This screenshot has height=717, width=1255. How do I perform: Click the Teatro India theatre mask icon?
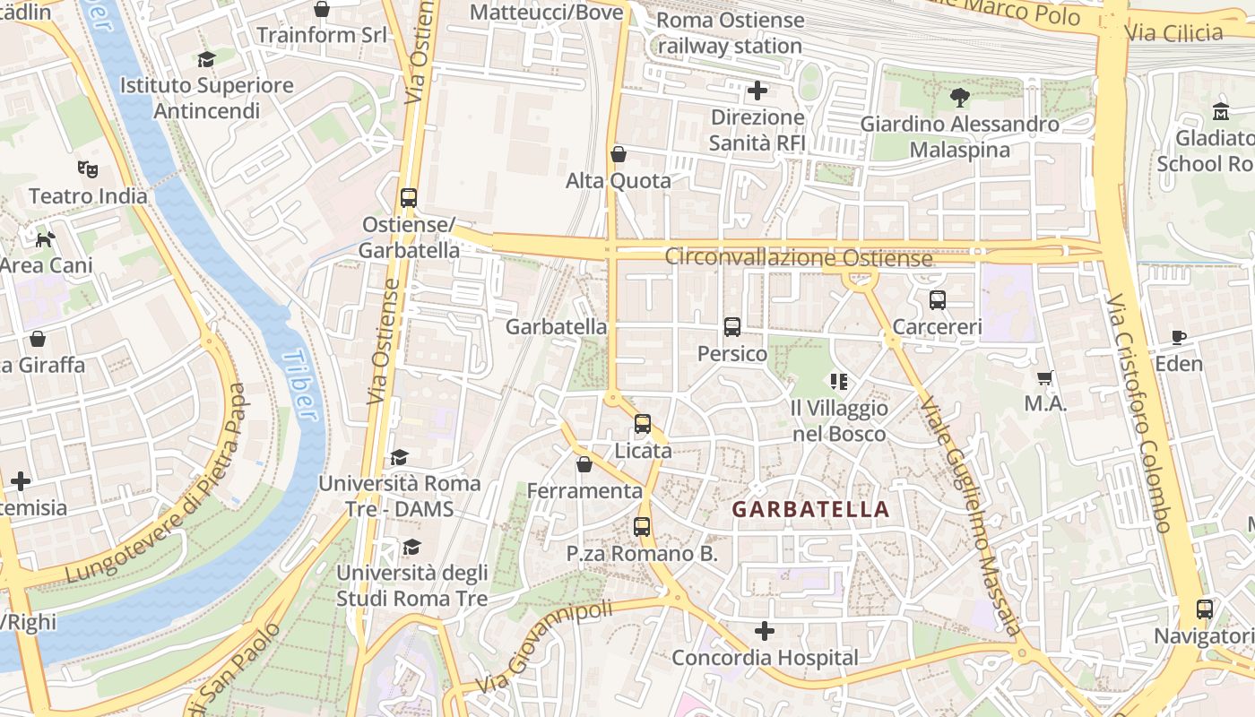tap(87, 168)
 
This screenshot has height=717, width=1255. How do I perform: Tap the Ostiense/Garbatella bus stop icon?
tap(409, 197)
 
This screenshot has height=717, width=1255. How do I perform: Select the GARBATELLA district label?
tap(810, 510)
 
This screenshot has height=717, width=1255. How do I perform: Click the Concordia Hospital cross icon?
tap(764, 631)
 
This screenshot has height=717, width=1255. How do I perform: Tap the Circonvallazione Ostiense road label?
tap(798, 257)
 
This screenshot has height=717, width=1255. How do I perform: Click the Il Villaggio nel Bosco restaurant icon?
tap(839, 382)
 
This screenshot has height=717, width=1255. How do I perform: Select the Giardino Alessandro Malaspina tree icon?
tap(959, 97)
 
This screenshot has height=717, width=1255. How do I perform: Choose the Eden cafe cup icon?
tap(1179, 337)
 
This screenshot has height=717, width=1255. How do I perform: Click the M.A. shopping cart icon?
tap(1044, 377)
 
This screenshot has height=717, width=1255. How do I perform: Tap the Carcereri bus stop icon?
tap(938, 300)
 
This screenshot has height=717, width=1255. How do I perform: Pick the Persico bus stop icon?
tap(732, 327)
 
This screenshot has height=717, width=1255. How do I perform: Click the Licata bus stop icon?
tap(643, 424)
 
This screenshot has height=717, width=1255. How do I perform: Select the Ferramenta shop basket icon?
tap(584, 464)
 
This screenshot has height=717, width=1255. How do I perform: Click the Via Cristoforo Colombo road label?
tap(1138, 412)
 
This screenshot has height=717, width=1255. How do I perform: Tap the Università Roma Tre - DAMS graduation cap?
tap(399, 457)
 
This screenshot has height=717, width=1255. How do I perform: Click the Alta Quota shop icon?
tap(618, 154)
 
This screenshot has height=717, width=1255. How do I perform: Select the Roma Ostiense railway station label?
tap(730, 33)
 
